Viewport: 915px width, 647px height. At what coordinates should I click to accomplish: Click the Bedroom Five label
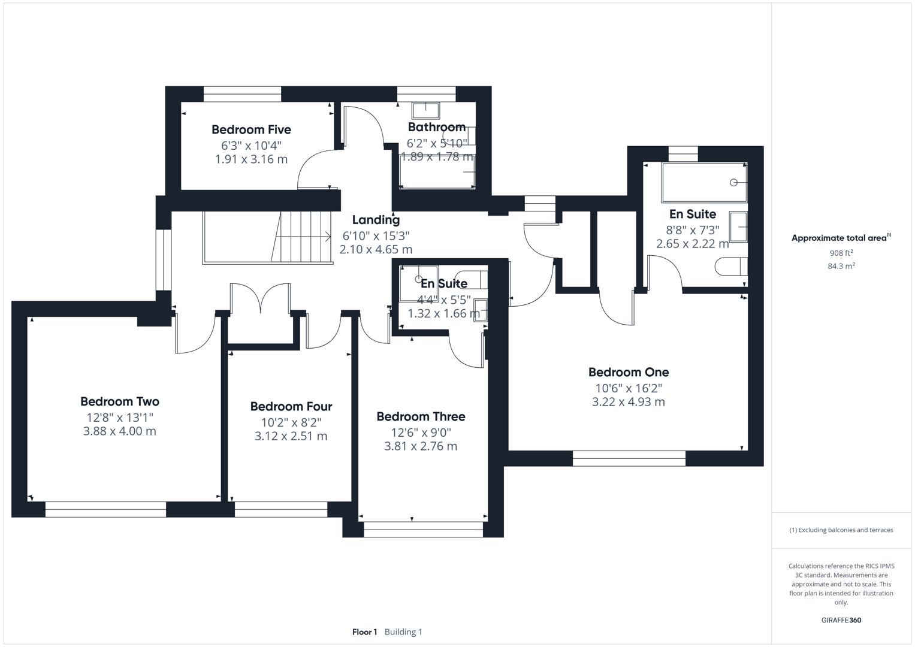tap(251, 129)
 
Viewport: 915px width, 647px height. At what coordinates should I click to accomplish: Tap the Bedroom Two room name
tap(120, 401)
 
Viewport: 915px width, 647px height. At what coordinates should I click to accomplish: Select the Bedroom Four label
tap(291, 407)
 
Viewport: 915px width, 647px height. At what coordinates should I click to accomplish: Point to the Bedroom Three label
tap(421, 416)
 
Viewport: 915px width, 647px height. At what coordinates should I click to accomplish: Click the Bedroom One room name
tap(628, 372)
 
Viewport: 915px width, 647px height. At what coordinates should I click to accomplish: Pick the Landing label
tap(376, 220)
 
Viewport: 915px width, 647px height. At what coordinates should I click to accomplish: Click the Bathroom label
tap(436, 127)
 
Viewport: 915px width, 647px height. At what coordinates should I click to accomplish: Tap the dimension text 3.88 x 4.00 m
tap(120, 431)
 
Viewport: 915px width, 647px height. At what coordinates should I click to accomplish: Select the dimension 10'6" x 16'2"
tap(628, 388)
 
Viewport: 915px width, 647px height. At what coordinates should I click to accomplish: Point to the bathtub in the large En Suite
tap(704, 182)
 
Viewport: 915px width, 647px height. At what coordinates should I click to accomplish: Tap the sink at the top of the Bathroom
tap(425, 110)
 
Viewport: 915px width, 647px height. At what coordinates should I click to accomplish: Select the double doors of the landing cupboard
tap(261, 298)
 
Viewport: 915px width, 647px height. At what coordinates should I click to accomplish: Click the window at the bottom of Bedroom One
tap(629, 458)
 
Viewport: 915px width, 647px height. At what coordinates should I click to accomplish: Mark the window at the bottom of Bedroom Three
tap(423, 529)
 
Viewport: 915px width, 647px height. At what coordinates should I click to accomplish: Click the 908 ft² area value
tap(841, 253)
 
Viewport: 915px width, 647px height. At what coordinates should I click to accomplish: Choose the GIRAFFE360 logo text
tap(841, 620)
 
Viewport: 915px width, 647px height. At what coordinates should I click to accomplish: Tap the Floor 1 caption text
tap(364, 632)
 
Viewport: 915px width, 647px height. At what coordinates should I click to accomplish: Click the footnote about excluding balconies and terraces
tap(841, 530)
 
